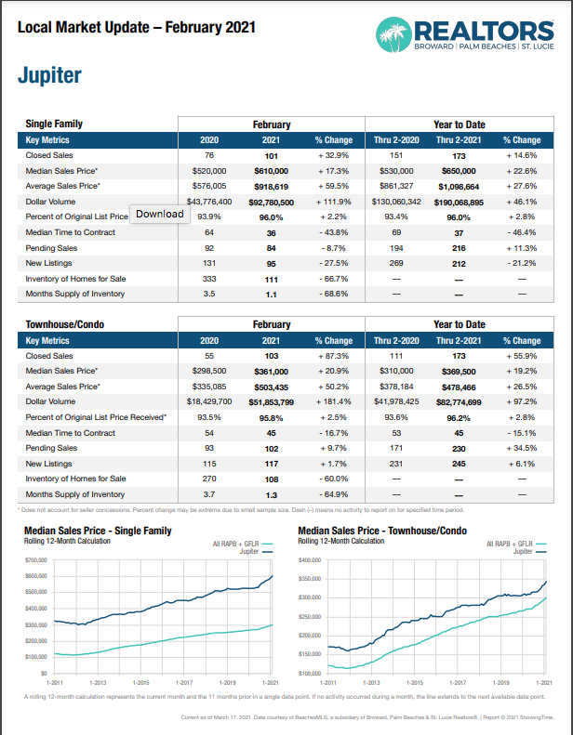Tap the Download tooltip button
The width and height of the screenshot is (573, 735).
pyautogui.click(x=160, y=214)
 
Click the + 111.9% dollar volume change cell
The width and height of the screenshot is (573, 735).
pyautogui.click(x=332, y=201)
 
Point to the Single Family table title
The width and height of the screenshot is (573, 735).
pyautogui.click(x=54, y=124)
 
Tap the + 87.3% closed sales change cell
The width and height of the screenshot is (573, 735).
pyautogui.click(x=332, y=356)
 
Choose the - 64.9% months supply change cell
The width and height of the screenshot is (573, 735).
pyautogui.click(x=332, y=494)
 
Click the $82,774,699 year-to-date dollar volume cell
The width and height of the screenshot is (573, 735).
pyautogui.click(x=460, y=401)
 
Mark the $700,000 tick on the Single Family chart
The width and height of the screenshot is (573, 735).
pyautogui.click(x=36, y=560)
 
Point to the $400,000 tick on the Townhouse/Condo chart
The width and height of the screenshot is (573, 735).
pyautogui.click(x=310, y=561)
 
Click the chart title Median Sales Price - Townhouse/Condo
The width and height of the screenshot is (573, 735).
pyautogui.click(x=382, y=530)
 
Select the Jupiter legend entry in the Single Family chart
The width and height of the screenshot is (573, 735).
pyautogui.click(x=249, y=551)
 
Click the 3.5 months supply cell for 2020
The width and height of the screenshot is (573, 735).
pyautogui.click(x=209, y=294)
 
